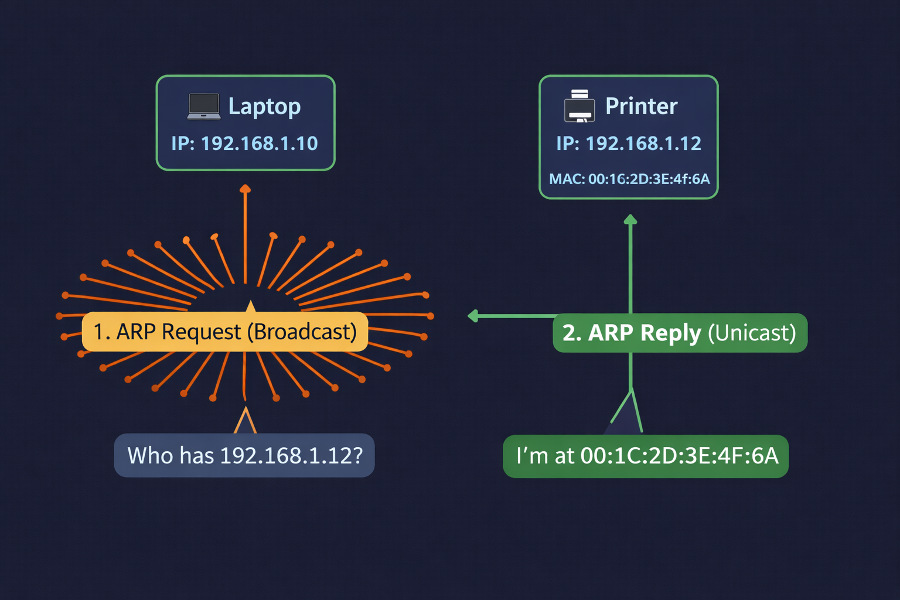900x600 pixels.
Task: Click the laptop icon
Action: point(204,107)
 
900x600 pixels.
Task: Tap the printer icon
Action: point(579,106)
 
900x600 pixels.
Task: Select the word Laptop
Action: point(264,107)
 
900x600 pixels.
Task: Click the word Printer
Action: point(641,107)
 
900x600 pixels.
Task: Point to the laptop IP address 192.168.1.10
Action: point(244,144)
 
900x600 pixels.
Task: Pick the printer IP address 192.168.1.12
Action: point(629,144)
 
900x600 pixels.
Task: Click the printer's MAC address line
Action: point(629,179)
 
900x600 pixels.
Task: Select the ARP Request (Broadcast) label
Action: point(225,332)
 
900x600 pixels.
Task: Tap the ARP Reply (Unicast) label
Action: point(680,333)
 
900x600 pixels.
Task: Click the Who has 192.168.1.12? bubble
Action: point(244,455)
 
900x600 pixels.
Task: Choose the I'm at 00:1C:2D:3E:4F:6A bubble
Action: point(646,456)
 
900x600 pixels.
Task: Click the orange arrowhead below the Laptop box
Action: point(246,189)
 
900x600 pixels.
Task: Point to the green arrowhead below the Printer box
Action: point(630,220)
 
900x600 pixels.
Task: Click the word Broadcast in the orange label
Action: point(302,332)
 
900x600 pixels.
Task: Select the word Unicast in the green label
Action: point(752,333)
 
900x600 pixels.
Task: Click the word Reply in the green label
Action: point(670,333)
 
